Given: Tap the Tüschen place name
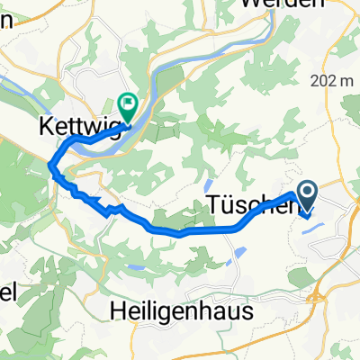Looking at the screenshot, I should pos(241,205).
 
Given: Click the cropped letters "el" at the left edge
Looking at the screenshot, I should pos(6,294).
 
